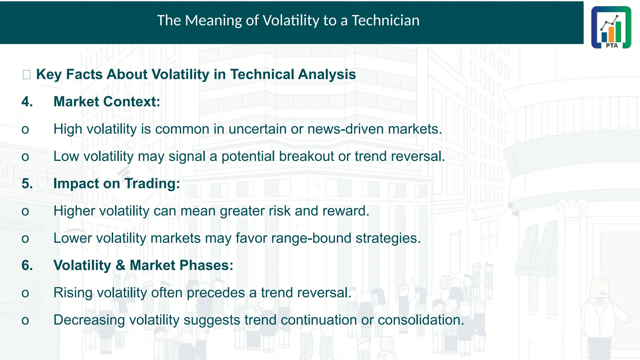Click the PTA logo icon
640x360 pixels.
click(x=611, y=27)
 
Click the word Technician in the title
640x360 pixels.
click(x=385, y=21)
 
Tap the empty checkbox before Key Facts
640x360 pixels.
click(x=27, y=75)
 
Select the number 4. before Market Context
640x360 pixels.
click(x=27, y=102)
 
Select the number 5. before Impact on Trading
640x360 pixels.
click(x=27, y=183)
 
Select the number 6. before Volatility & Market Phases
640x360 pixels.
click(x=27, y=265)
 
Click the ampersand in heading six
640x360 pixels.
click(x=120, y=265)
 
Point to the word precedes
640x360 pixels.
click(x=216, y=293)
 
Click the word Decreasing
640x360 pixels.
click(x=89, y=320)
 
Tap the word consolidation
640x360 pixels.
click(x=421, y=320)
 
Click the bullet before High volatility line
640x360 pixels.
click(x=25, y=130)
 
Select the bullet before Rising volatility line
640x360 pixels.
click(x=25, y=293)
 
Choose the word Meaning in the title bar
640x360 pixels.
click(x=213, y=21)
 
